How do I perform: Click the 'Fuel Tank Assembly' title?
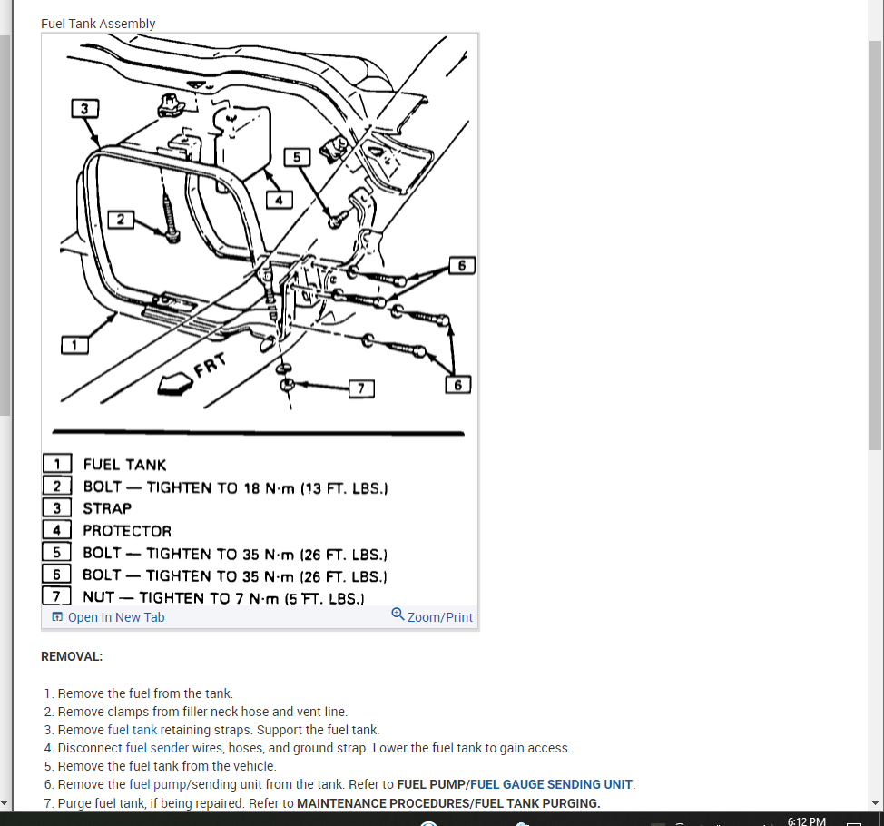[98, 24]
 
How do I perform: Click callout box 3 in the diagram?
[84, 109]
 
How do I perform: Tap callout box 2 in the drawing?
[121, 220]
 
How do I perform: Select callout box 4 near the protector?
[280, 200]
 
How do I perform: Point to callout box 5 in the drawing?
[296, 158]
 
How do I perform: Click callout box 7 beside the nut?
[361, 388]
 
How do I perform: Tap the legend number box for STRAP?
[56, 508]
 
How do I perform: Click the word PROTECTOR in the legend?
[127, 531]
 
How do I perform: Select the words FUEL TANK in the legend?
[124, 465]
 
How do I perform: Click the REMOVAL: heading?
[72, 656]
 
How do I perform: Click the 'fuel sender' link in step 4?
[157, 748]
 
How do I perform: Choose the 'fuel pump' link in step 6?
[157, 784]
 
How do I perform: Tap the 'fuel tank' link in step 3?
[132, 730]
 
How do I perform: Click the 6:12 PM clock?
[806, 821]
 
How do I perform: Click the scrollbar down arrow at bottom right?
[875, 803]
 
